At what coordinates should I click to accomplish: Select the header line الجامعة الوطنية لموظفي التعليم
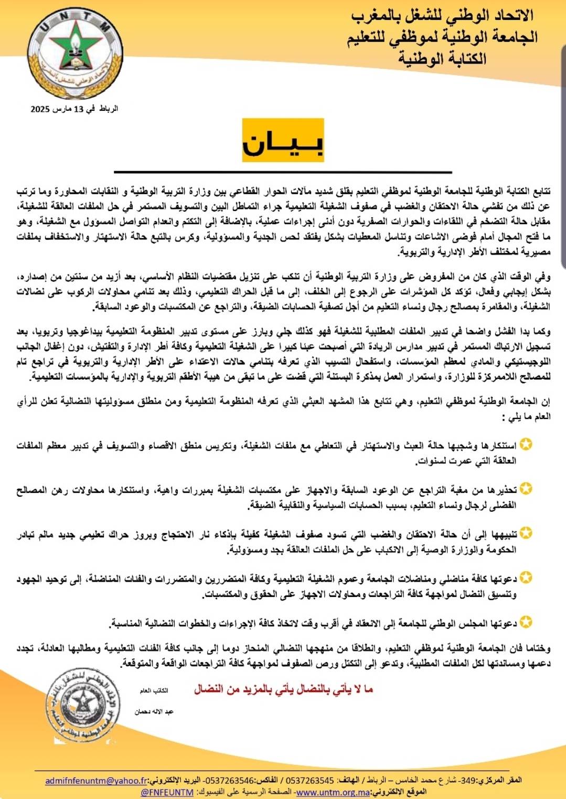coord(442,37)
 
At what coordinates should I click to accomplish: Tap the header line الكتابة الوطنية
coord(442,57)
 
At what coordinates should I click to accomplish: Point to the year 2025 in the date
coord(40,109)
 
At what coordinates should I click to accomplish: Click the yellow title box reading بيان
coord(283,140)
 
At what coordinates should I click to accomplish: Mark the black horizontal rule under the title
coord(283,172)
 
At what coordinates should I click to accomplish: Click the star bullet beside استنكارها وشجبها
coord(526,445)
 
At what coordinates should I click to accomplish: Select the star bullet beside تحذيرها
coord(526,489)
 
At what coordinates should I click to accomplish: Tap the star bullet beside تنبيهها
coord(526,533)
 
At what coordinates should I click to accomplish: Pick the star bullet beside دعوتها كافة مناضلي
coord(526,578)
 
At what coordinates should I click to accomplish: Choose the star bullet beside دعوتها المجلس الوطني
coord(526,623)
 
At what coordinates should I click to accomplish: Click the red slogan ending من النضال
coord(283,689)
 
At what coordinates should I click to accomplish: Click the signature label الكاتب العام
coord(154,691)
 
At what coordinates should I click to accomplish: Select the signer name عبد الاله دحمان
coord(154,712)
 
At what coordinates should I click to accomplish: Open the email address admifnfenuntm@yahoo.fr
coord(97,781)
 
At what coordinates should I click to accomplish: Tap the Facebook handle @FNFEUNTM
coord(167,792)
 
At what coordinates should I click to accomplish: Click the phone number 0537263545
coord(310,781)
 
